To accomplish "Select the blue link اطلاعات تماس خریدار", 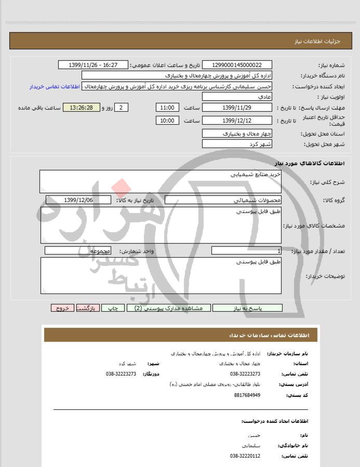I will [55, 87].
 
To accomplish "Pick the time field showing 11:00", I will [167, 108].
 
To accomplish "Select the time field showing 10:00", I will [167, 121].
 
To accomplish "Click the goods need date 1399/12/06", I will [78, 200].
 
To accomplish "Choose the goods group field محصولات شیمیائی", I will [223, 200].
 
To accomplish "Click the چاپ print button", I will [113, 308].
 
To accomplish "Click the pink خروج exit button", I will [62, 308].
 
